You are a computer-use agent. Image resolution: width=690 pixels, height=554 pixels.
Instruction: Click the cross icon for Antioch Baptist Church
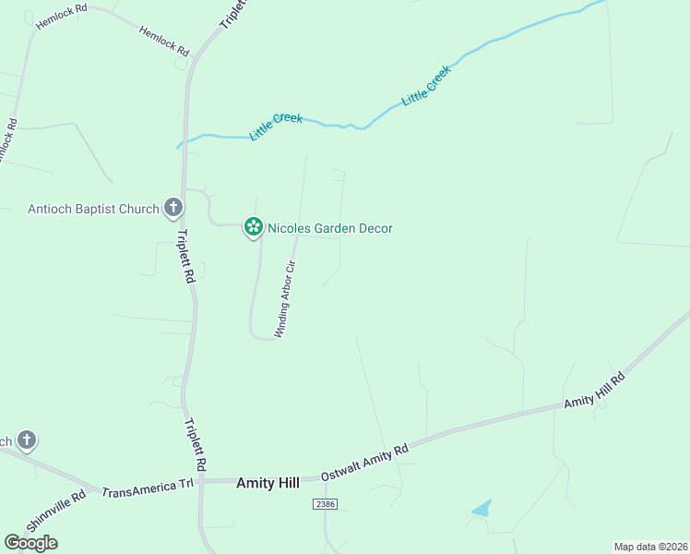point(172,208)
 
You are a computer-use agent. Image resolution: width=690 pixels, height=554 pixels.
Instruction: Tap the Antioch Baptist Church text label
point(93,209)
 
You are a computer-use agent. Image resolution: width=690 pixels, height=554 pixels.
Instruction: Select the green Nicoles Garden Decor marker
point(253,226)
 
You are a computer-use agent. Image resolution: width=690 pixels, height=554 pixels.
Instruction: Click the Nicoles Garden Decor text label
point(330,227)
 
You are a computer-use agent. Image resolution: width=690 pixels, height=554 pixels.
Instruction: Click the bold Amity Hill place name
point(268,482)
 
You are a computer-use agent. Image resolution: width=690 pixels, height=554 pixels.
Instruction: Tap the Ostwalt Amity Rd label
point(364,463)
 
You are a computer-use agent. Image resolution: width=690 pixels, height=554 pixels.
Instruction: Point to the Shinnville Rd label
point(56,510)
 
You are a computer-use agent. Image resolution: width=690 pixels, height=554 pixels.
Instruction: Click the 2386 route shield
point(324,504)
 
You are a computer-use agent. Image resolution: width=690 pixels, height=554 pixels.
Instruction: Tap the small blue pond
point(482,508)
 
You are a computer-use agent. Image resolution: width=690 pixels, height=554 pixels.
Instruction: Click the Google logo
point(30,542)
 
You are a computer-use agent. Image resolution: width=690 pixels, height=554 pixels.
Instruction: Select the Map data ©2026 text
point(650,546)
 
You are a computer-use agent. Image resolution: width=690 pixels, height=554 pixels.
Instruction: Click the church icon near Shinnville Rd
point(27,440)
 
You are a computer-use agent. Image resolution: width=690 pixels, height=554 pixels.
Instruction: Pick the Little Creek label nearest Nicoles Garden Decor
point(276,127)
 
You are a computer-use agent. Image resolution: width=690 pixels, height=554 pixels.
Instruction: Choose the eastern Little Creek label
point(426,85)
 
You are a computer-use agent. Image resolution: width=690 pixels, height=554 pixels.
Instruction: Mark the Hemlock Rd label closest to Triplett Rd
point(163,40)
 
